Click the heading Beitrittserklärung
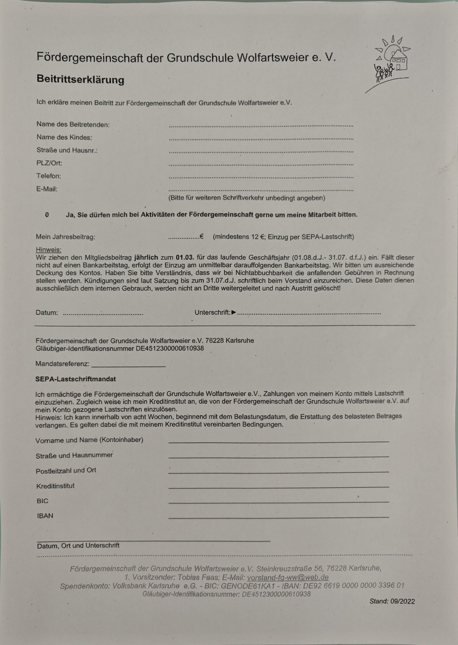coord(80,80)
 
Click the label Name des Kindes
coord(64,137)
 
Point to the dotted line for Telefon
coord(261,177)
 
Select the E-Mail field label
coord(47,189)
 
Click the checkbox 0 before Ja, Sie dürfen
coord(47,215)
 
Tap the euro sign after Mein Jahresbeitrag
coord(201,236)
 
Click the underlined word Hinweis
coord(49,250)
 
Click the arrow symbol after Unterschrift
coord(234,312)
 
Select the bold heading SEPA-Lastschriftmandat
coord(76,379)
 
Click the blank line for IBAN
coord(278,517)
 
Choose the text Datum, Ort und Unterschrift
coord(78,545)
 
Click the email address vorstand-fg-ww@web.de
coord(288,577)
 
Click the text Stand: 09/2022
coord(392,601)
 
